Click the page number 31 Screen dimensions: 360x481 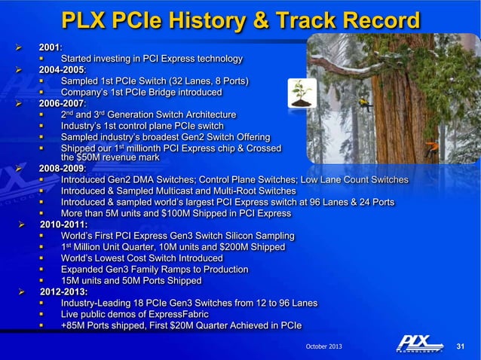coord(463,346)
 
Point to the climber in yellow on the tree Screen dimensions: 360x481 coord(365,99)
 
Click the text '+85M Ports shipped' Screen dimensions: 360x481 coord(103,325)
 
